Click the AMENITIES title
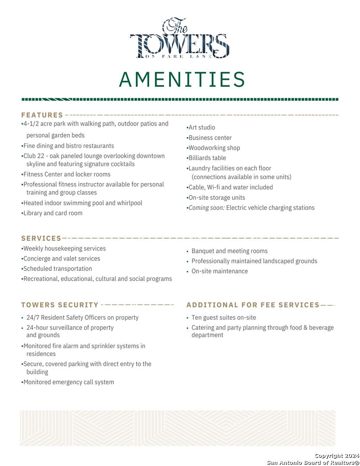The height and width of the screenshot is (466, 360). [182, 80]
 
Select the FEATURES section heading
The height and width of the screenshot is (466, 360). [42, 115]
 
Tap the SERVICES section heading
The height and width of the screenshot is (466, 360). [41, 238]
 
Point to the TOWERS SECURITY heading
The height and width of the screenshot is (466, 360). [60, 305]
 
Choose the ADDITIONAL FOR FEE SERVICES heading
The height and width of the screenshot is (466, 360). [253, 305]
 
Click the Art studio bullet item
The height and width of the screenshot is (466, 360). [202, 128]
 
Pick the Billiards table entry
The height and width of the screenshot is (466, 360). [207, 158]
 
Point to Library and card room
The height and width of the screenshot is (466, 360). [53, 213]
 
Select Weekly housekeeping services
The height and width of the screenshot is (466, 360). [64, 249]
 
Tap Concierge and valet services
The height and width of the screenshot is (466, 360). [62, 259]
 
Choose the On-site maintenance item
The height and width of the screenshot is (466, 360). [219, 271]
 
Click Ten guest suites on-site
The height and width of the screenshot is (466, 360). [224, 318]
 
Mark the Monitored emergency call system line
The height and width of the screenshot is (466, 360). [69, 382]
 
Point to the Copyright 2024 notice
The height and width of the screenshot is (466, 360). [336, 456]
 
